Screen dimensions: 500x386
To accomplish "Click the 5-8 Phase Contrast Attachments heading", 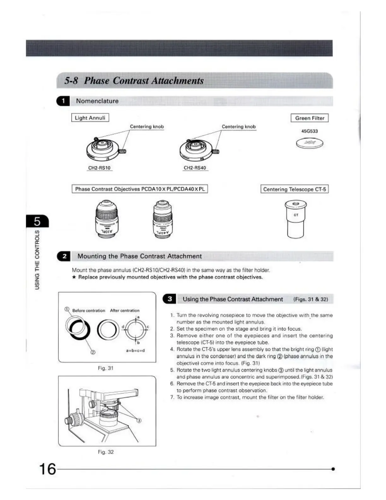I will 134,80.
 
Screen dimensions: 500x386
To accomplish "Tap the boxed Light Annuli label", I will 90,118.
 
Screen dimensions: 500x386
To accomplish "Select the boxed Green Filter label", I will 309,118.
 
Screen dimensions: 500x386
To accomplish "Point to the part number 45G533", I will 309,131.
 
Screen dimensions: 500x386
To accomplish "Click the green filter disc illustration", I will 310,144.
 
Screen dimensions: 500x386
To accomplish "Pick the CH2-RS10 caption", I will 99,168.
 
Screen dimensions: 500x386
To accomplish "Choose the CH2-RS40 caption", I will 195,168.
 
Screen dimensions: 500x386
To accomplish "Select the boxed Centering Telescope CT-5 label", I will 295,189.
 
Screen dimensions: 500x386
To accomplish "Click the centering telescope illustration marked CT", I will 295,219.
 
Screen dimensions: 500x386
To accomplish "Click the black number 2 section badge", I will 64,256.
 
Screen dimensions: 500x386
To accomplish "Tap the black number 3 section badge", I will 169,299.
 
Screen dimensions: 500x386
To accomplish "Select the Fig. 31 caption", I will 105,368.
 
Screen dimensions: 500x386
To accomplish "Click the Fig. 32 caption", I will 105,452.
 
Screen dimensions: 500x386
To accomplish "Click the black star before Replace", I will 74,277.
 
